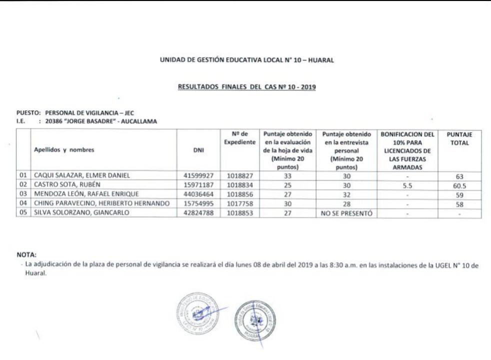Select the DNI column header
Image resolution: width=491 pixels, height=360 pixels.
point(198,149)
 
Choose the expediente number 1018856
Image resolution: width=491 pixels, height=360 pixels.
point(242,192)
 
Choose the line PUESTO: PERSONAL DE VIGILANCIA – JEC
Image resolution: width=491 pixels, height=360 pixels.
point(69,112)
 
